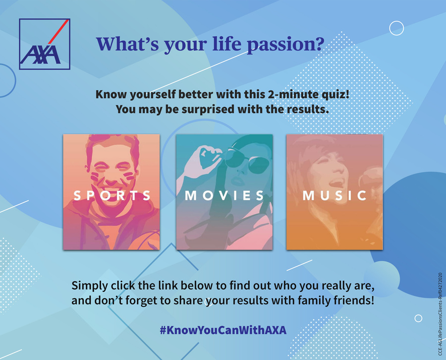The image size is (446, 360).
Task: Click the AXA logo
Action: (x=45, y=44)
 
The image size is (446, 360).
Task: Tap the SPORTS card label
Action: (x=112, y=195)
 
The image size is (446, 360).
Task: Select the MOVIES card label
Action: (x=224, y=195)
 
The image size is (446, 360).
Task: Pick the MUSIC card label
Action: (x=334, y=195)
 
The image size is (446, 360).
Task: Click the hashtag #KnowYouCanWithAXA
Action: (x=223, y=330)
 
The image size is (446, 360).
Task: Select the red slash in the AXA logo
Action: (x=58, y=32)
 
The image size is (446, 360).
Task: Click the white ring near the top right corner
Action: (x=396, y=28)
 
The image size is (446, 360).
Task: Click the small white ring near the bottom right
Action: (x=418, y=318)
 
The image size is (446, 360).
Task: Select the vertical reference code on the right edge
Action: (x=441, y=314)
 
